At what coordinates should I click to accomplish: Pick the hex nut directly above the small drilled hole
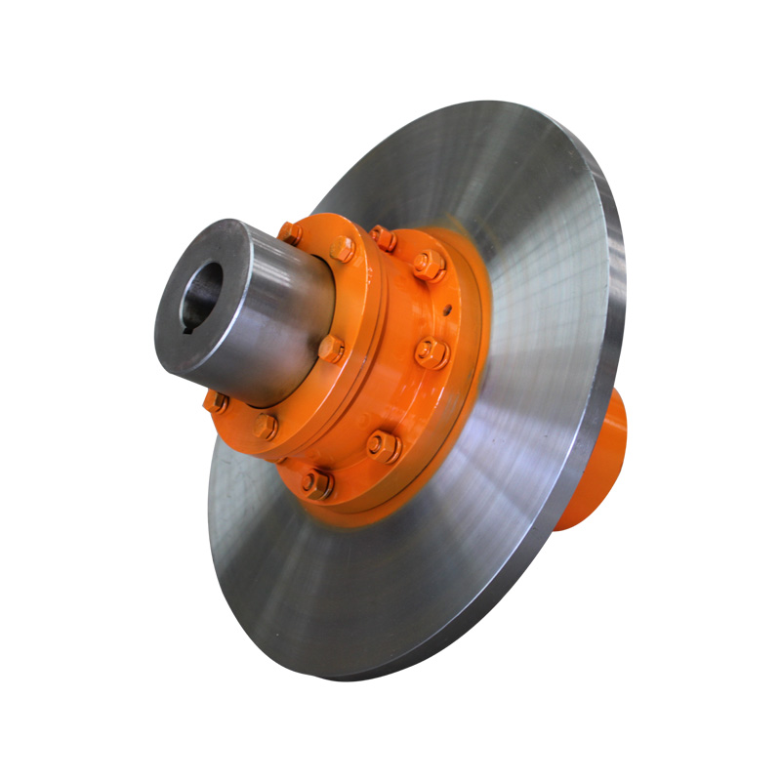(427, 263)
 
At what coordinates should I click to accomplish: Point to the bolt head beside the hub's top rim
(290, 233)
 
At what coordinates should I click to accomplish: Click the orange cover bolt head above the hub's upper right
(342, 249)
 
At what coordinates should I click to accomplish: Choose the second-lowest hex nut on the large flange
(382, 446)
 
